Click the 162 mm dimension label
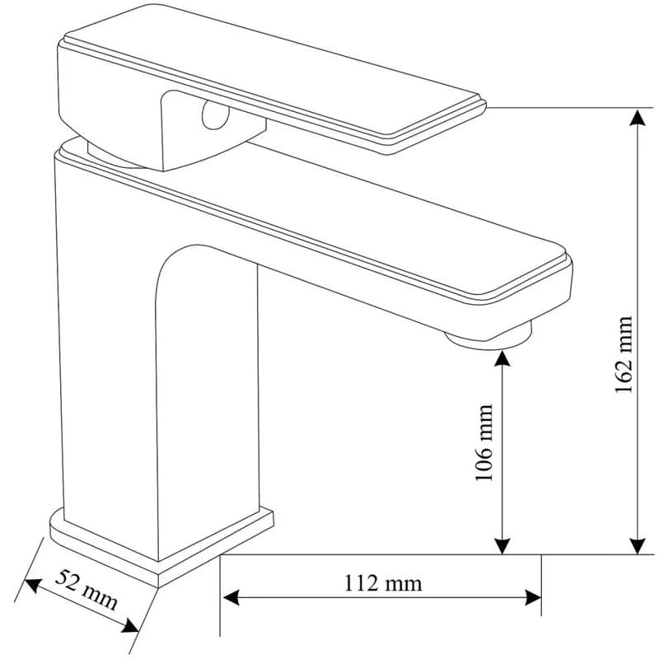tap(624, 354)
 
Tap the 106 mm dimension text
tap(484, 442)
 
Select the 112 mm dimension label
tap(383, 583)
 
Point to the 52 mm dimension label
tap(86, 590)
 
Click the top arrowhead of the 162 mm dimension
tap(638, 118)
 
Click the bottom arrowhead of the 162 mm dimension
tap(638, 546)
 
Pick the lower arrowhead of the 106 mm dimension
tap(502, 546)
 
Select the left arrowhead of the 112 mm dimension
tap(231, 597)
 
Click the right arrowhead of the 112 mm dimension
tap(532, 597)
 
